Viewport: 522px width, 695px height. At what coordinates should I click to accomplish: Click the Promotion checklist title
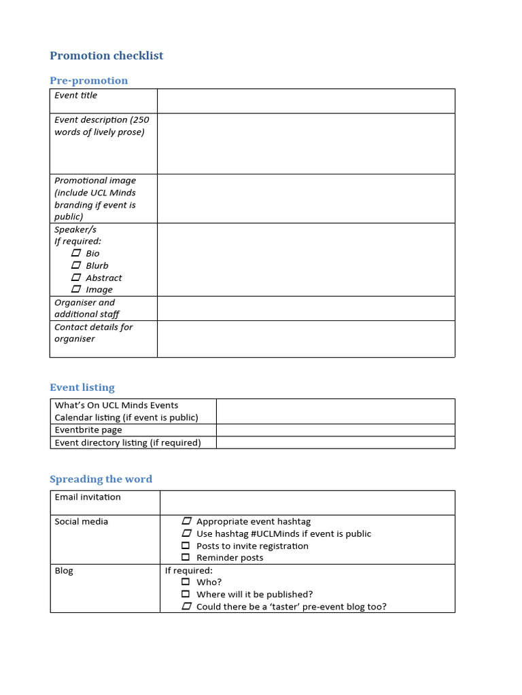pos(107,56)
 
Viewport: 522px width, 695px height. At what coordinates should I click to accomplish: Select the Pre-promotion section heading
pos(88,81)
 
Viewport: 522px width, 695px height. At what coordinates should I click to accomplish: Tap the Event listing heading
pos(82,388)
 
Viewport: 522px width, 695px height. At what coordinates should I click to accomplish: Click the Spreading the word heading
pos(101,479)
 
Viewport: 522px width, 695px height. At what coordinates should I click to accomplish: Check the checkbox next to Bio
pos(76,253)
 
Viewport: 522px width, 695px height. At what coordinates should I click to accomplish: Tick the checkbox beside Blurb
pos(76,265)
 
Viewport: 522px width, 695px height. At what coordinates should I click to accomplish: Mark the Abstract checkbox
pos(76,278)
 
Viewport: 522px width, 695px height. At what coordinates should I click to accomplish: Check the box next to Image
pos(76,289)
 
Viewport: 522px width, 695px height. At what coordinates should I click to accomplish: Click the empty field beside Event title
pos(306,100)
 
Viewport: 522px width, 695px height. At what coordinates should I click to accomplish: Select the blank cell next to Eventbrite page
pos(335,430)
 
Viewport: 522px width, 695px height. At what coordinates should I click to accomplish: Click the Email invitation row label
pos(88,497)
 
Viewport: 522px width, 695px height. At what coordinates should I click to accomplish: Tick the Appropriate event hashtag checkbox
pos(186,521)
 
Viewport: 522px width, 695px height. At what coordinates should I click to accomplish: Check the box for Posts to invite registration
pos(186,546)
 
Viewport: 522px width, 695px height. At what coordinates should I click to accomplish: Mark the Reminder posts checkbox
pos(186,557)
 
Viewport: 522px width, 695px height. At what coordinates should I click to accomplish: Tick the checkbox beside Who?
pos(186,582)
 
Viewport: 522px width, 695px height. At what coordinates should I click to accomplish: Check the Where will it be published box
pos(186,594)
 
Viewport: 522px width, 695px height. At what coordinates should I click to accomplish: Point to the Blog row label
pos(64,570)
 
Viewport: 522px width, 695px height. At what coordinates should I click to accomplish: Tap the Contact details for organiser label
pos(94,333)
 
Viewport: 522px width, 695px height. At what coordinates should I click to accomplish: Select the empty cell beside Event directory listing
pos(335,443)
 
